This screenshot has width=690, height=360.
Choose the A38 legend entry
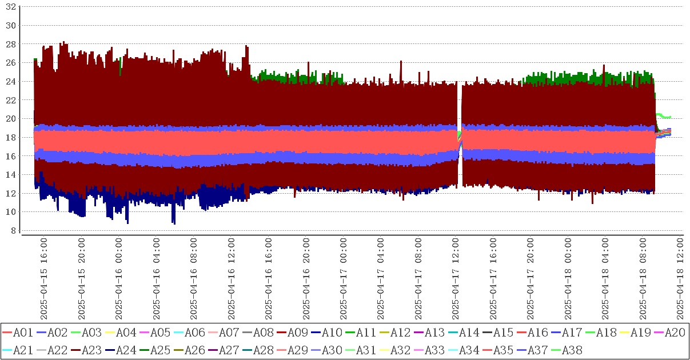point(571,350)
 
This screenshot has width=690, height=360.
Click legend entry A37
point(537,350)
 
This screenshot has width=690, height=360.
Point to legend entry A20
point(674,333)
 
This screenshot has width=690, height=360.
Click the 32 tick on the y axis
point(10,7)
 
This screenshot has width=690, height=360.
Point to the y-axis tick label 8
point(13,230)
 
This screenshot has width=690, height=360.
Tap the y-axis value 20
point(10,118)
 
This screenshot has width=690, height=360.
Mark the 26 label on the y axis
point(10,63)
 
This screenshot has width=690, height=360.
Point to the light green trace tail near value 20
point(663,116)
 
